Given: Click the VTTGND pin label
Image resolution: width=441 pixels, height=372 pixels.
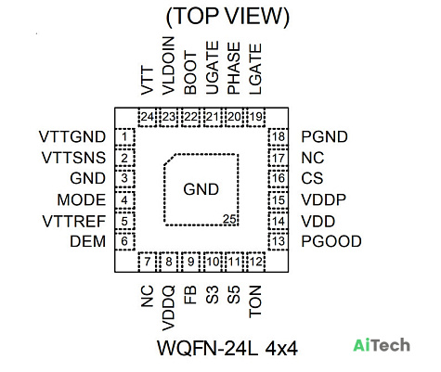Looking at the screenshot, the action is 72,136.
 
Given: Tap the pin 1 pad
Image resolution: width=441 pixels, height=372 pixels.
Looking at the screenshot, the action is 124,136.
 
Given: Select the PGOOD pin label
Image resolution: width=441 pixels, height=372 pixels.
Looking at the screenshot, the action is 331,241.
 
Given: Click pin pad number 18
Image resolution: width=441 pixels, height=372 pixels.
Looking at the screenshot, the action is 279,136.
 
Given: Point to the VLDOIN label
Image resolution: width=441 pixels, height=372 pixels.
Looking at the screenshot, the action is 169,66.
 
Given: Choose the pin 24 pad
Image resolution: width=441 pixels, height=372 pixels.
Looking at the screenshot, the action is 148,117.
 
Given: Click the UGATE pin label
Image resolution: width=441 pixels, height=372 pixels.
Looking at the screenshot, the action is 213,68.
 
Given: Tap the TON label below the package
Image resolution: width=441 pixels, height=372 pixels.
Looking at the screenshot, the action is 255,301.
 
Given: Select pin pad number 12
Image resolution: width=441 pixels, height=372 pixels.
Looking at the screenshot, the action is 255,262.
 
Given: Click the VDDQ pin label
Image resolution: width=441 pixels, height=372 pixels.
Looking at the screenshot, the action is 169,308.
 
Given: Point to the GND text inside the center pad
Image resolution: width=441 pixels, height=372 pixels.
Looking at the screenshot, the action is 201,189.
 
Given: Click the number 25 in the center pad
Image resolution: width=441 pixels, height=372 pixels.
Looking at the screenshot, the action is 229,219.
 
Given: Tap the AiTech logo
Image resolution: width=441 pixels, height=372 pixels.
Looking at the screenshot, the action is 382,345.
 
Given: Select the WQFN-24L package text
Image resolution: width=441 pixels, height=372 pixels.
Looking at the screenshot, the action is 207,349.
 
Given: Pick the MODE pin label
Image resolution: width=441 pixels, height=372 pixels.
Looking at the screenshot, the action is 82,199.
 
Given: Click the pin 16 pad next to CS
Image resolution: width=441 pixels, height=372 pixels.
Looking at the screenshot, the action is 279,178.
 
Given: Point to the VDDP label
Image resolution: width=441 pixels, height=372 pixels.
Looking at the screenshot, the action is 324,199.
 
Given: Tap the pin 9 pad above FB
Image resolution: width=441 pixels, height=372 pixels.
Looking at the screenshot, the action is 190,262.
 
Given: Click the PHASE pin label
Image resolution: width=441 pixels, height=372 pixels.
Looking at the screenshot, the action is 234,68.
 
